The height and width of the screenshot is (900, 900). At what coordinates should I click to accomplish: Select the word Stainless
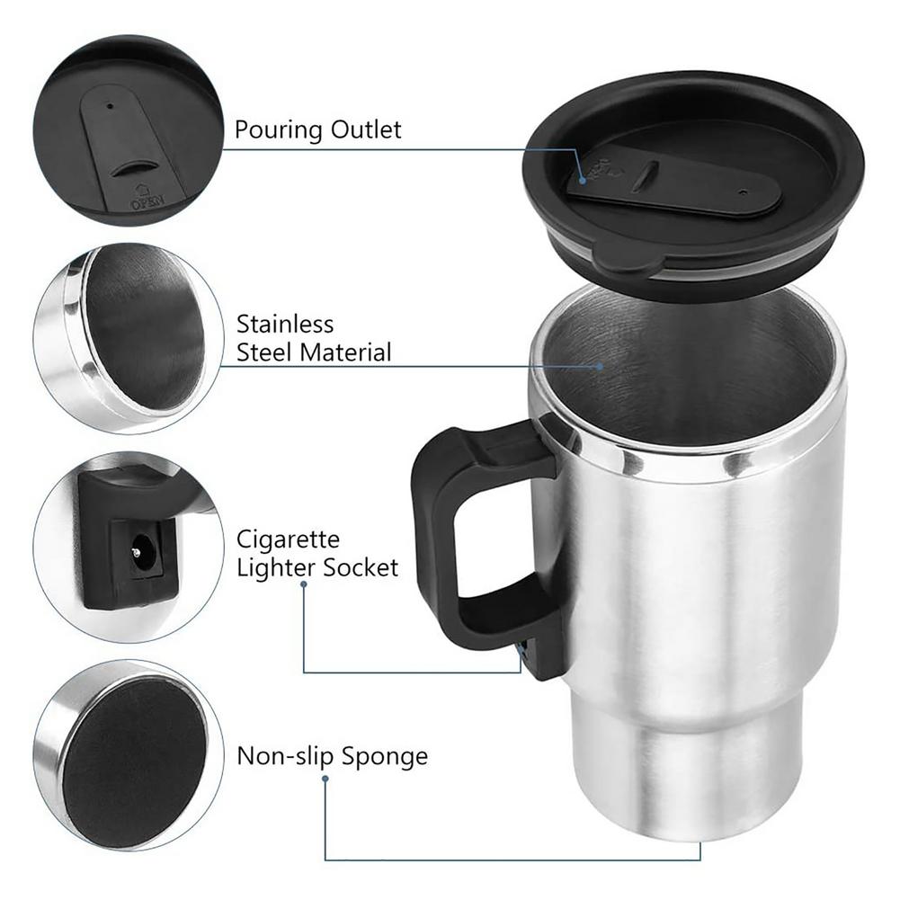click(285, 324)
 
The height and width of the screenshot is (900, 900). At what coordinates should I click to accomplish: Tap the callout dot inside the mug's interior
click(601, 366)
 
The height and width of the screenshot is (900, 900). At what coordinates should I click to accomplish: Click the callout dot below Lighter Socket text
click(304, 584)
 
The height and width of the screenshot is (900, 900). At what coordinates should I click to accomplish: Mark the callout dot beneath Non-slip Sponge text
click(325, 778)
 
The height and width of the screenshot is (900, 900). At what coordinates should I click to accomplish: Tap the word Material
click(345, 352)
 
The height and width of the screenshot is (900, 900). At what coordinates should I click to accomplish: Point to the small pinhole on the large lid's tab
click(742, 192)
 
